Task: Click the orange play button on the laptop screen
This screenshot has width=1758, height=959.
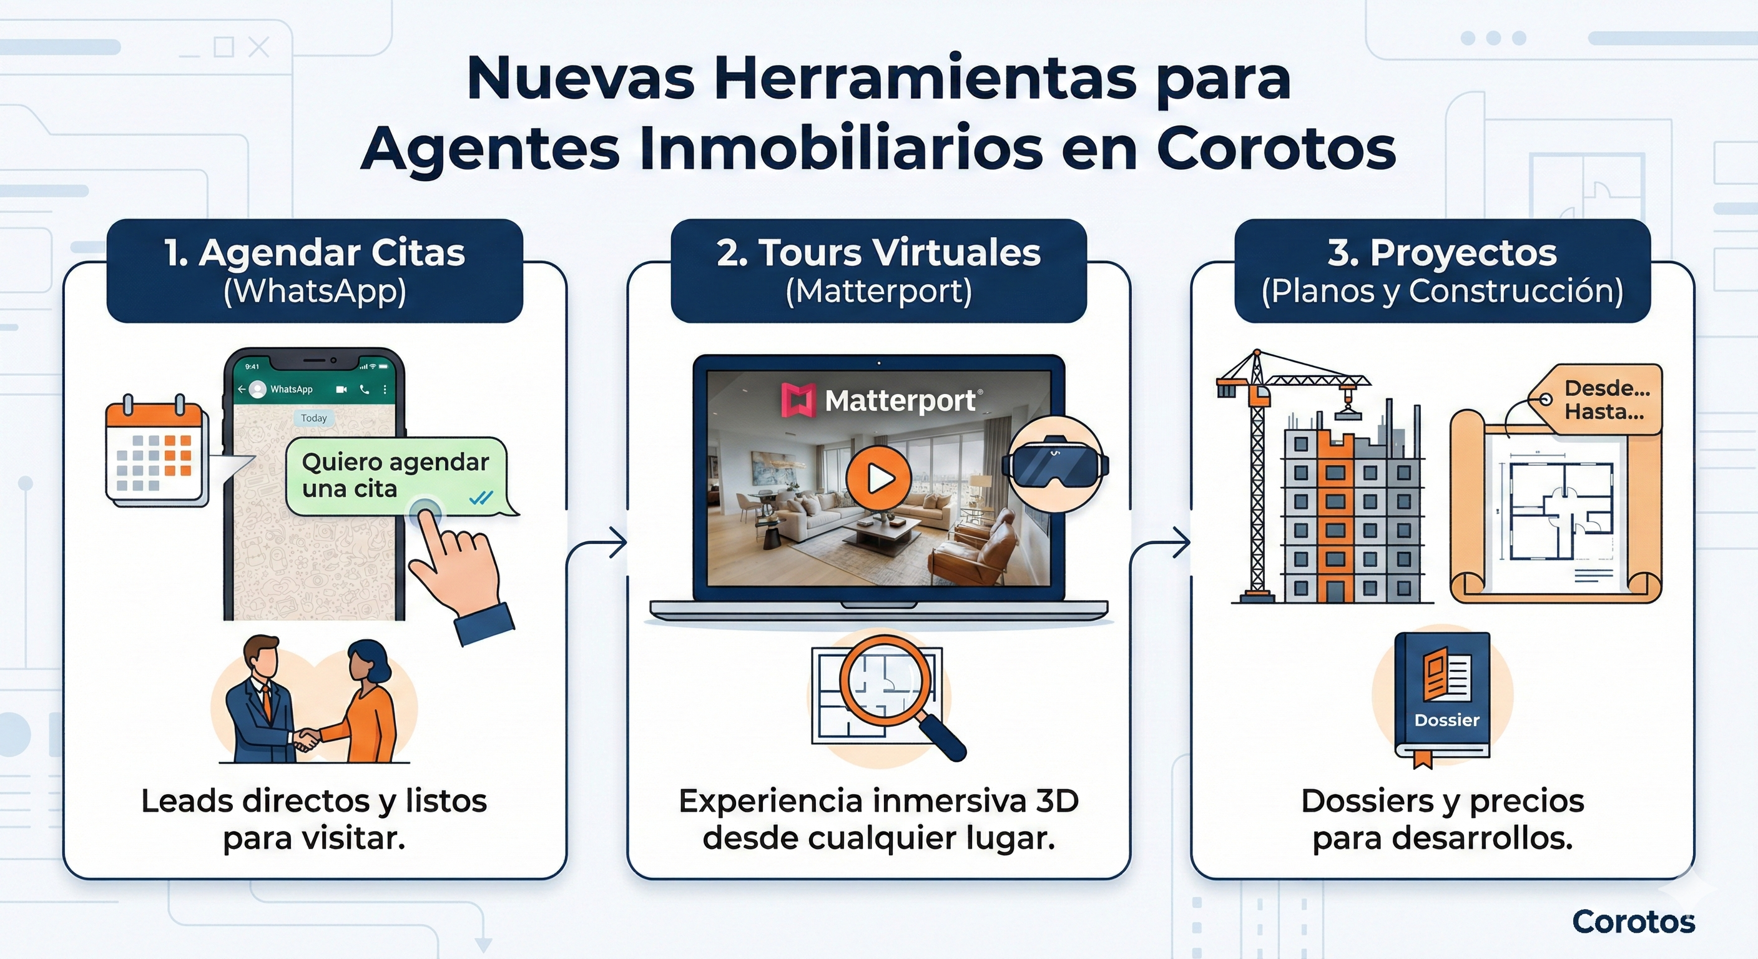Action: click(878, 478)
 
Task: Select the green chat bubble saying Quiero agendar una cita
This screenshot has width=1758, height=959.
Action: click(396, 476)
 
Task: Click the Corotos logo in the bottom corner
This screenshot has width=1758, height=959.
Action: click(1633, 922)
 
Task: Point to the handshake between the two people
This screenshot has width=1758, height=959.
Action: click(307, 739)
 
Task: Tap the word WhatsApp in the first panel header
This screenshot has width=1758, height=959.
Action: click(315, 292)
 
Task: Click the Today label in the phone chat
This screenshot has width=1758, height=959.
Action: click(314, 418)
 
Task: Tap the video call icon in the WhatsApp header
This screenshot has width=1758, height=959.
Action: click(341, 389)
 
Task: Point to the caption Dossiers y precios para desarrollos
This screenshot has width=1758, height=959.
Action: click(1442, 819)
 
